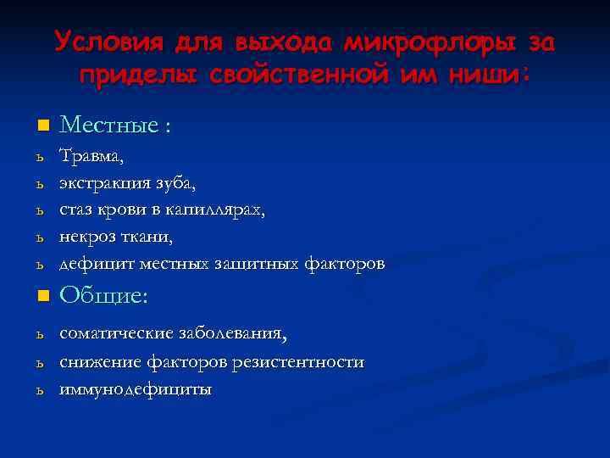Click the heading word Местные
click(x=110, y=126)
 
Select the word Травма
click(x=91, y=156)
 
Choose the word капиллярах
click(x=222, y=210)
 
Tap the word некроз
click(x=85, y=237)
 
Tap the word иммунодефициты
click(x=136, y=389)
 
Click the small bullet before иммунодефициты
click(x=39, y=391)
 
